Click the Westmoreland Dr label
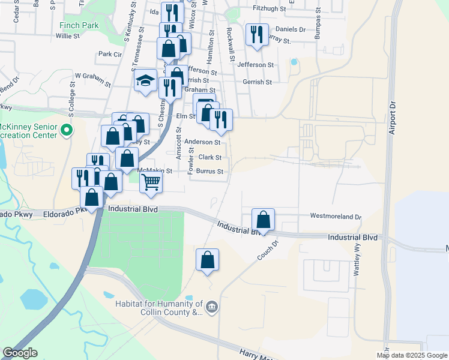(x=336, y=216)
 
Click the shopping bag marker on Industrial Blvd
(x=263, y=220)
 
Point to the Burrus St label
(x=211, y=172)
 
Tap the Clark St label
(x=210, y=158)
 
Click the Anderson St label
(x=202, y=142)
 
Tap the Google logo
(x=20, y=353)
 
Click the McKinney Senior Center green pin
(x=66, y=129)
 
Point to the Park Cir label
(x=110, y=54)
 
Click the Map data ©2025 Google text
(x=411, y=355)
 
